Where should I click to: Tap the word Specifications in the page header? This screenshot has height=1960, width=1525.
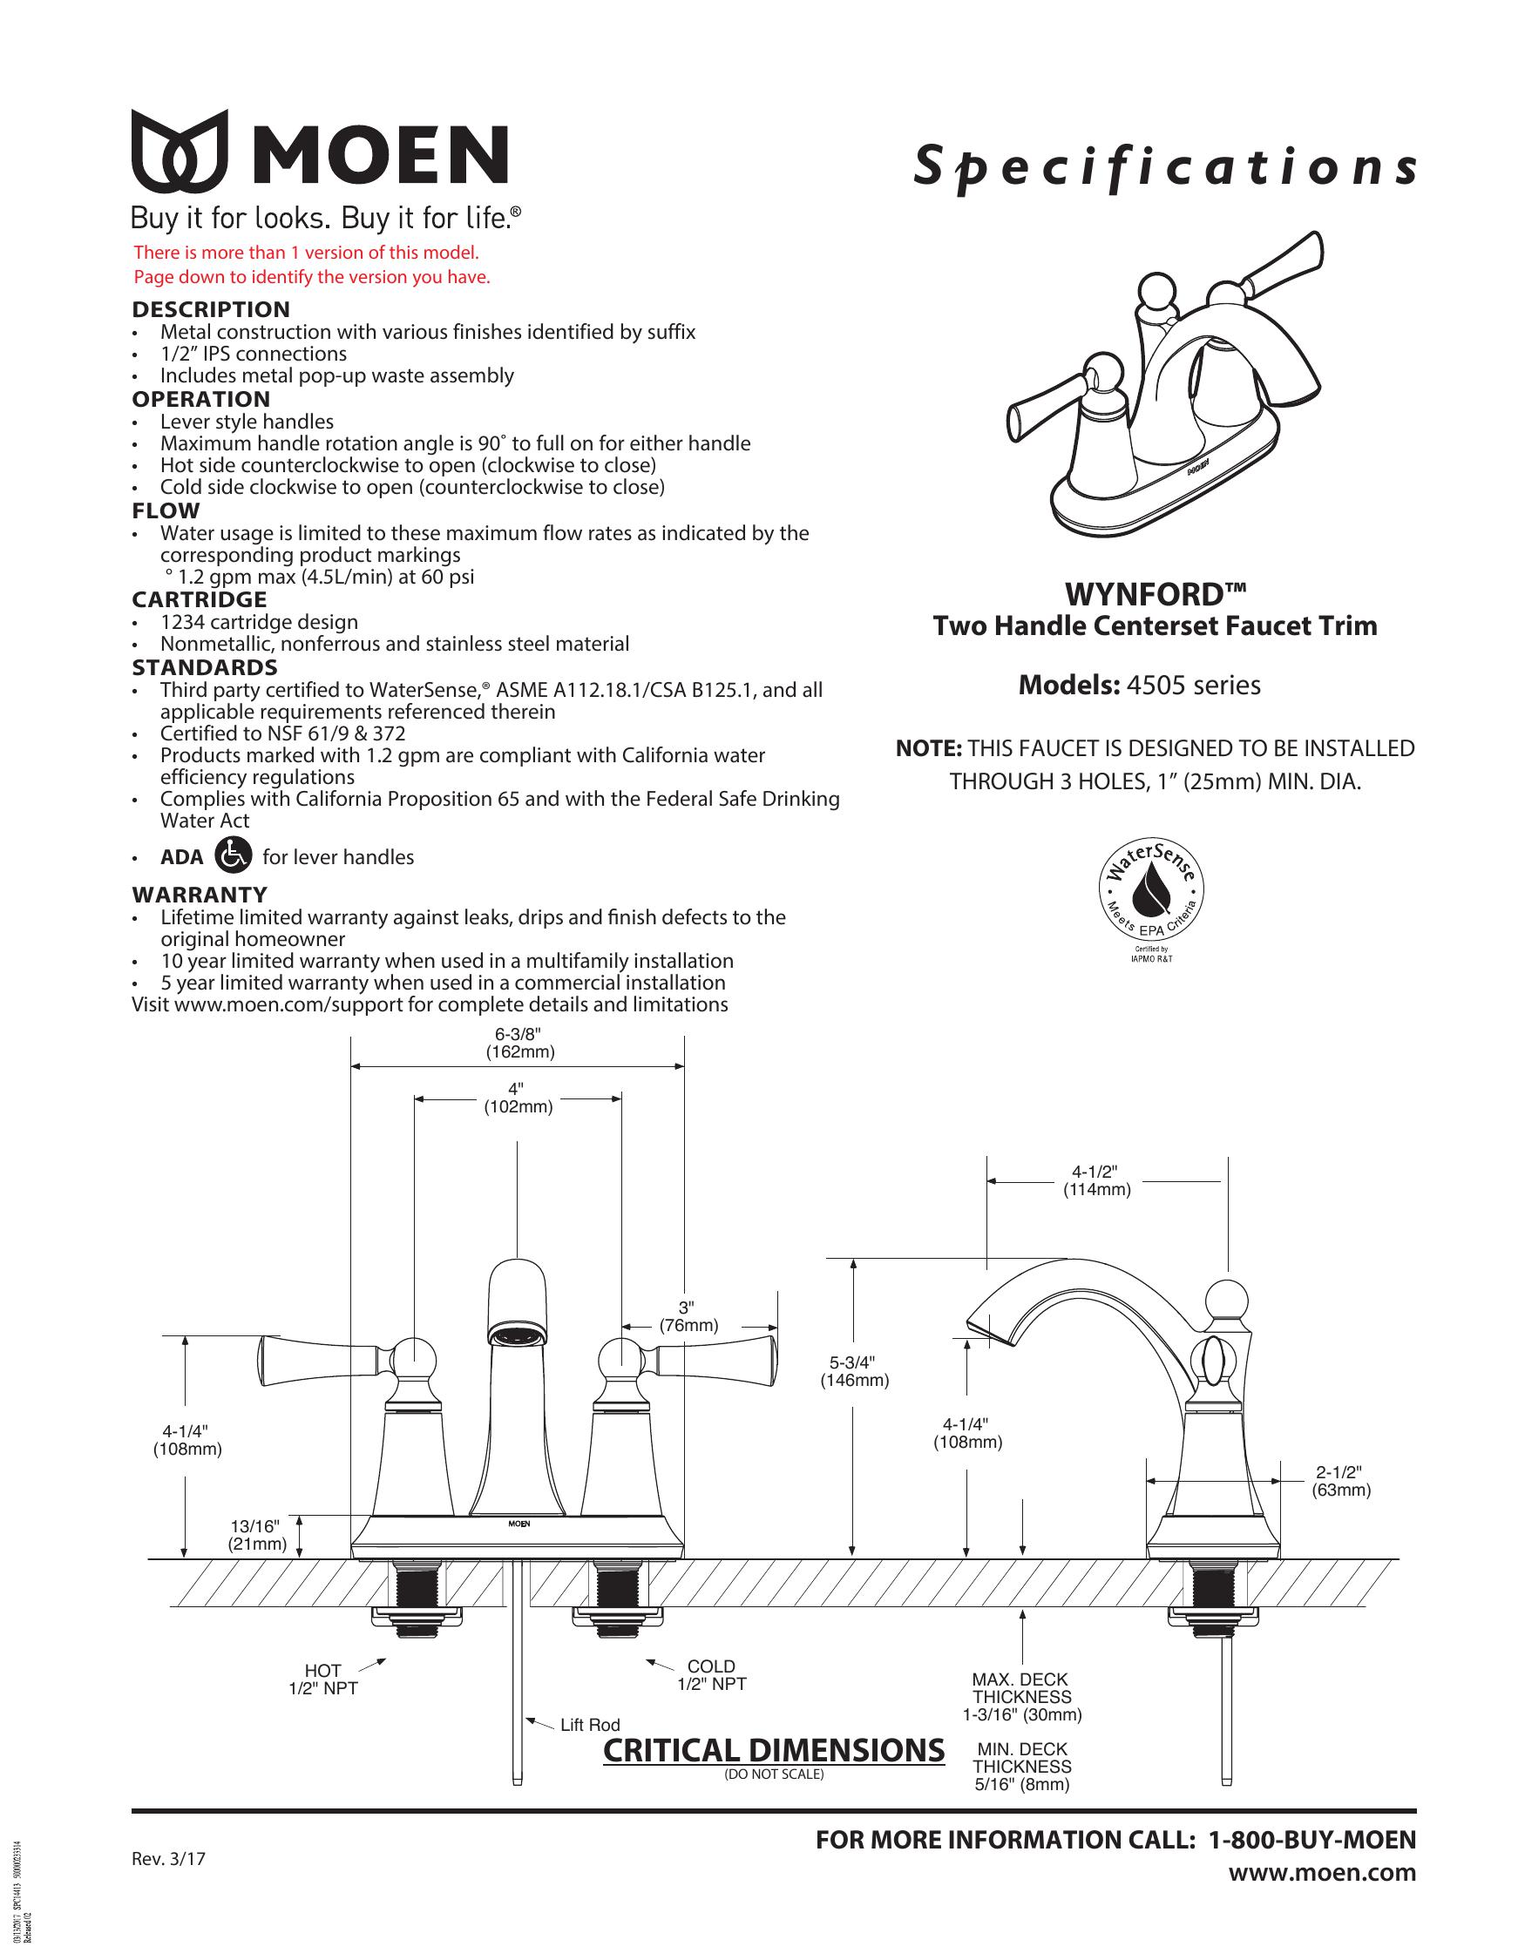click(x=1165, y=168)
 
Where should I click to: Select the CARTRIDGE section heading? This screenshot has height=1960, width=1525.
click(x=200, y=599)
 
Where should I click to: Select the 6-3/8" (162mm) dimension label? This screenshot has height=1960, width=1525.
click(x=518, y=1044)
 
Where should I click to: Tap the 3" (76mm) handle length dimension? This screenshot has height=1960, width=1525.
click(x=688, y=1316)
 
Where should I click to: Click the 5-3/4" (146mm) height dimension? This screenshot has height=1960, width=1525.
click(x=854, y=1371)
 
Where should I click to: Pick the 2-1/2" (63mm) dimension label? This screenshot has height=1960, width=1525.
click(x=1341, y=1481)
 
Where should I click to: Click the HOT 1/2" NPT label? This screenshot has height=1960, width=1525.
click(x=323, y=1680)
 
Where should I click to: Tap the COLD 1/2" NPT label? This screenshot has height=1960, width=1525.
click(x=711, y=1675)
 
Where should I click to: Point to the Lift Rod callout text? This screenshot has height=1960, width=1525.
click(x=590, y=1725)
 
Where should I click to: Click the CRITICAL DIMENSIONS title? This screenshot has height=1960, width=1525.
click(x=774, y=1750)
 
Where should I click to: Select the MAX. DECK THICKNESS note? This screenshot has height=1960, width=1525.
click(x=1021, y=1697)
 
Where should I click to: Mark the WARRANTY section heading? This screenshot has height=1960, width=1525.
click(x=200, y=895)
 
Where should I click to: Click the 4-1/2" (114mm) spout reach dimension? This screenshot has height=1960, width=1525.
click(x=1097, y=1180)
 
